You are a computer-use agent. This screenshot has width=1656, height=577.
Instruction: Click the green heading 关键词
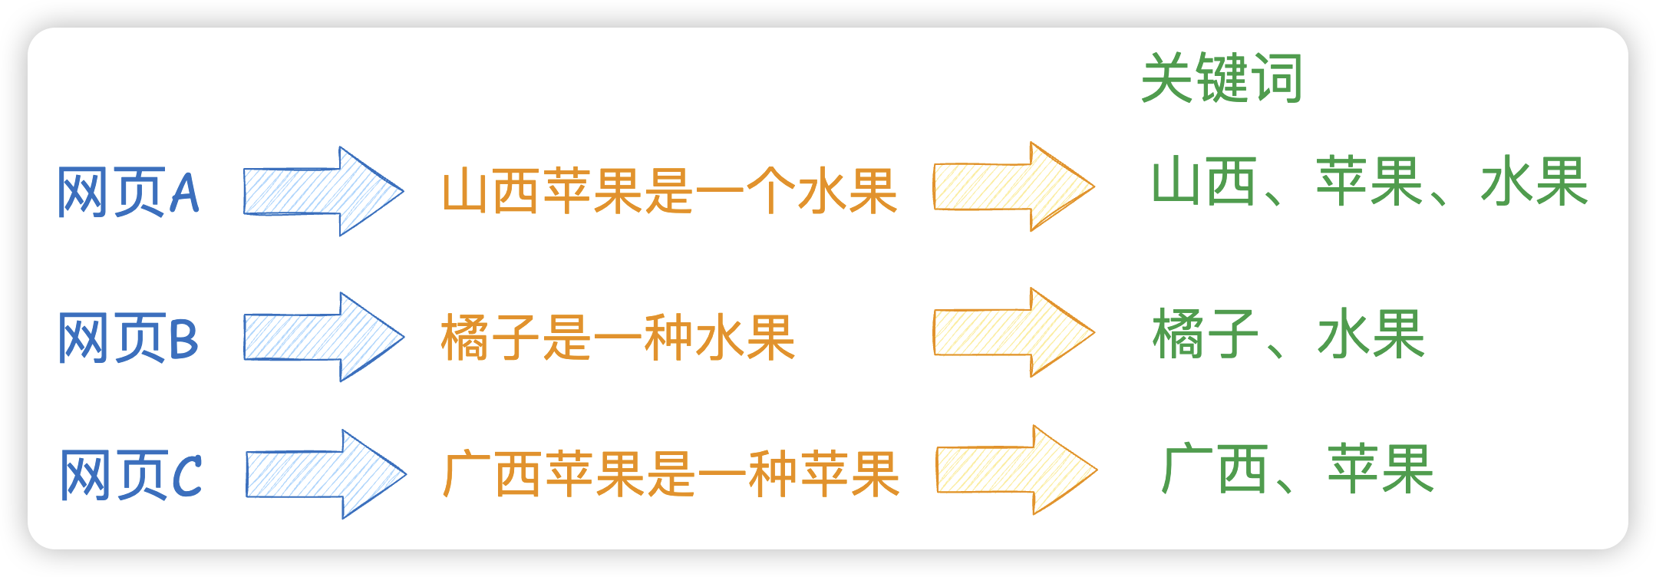(1222, 78)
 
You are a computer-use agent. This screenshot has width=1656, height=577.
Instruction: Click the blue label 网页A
(129, 192)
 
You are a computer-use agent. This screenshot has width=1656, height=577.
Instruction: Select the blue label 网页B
(129, 338)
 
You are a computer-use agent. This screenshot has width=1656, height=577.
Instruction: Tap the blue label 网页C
(130, 475)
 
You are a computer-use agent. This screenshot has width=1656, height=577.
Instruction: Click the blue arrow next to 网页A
(322, 192)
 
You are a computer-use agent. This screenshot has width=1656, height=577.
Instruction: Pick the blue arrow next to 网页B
(322, 337)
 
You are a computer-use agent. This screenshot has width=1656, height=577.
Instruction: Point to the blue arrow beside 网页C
(325, 474)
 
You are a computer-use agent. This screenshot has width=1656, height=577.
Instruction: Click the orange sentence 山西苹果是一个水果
(669, 191)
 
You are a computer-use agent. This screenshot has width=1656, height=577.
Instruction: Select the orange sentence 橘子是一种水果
(618, 338)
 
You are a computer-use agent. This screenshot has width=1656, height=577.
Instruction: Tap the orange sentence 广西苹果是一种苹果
(671, 474)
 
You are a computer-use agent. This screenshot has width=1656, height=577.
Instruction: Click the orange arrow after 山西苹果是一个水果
(1013, 186)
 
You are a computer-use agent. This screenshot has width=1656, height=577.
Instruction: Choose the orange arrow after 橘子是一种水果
(1013, 332)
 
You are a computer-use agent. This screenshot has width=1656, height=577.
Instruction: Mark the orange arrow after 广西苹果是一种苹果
(1016, 470)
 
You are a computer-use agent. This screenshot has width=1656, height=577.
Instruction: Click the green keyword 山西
(1203, 182)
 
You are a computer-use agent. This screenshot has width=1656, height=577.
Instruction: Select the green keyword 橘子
(1205, 334)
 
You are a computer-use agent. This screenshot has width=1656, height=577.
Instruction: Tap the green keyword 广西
(1214, 470)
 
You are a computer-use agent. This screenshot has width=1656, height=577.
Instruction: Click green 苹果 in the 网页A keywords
(1369, 182)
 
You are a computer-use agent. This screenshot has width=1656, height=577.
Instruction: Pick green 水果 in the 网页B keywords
(1371, 334)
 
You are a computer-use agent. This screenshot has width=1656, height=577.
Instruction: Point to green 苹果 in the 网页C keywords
(1380, 470)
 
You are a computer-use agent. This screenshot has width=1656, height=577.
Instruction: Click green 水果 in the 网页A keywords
(1533, 182)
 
